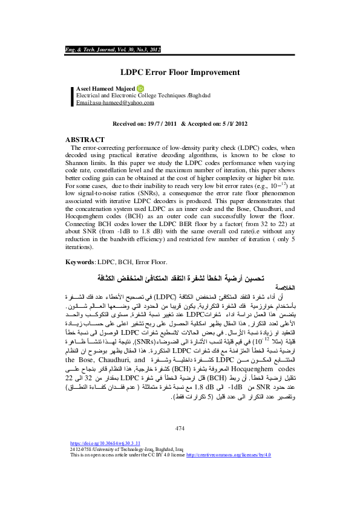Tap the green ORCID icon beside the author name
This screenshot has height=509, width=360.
[x=141, y=88]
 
